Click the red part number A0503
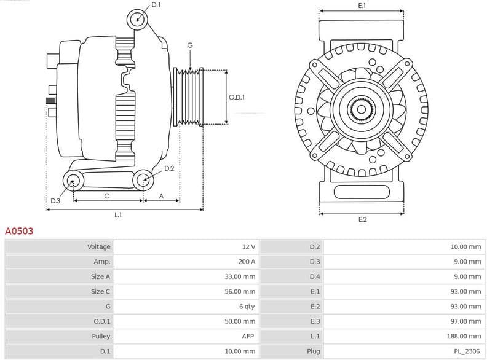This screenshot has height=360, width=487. [x=19, y=232]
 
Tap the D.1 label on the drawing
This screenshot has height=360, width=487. [x=156, y=5]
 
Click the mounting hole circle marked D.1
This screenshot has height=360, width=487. [x=138, y=19]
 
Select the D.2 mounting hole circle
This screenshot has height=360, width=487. [x=143, y=180]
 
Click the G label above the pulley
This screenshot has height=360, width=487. [x=190, y=45]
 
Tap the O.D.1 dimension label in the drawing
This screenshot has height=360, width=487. [x=237, y=97]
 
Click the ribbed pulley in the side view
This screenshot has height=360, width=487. [x=189, y=97]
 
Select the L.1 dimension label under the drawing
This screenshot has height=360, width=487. [x=118, y=214]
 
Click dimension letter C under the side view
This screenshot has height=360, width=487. [x=107, y=196]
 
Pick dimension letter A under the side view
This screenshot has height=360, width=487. [x=161, y=196]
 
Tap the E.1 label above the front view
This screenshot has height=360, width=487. [x=362, y=6]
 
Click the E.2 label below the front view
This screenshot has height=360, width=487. [x=362, y=219]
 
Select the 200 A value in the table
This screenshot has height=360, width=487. [x=247, y=262]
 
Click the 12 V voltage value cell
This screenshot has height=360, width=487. [x=248, y=247]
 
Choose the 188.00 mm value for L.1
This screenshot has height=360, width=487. [x=464, y=336]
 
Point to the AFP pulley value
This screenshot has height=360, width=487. [x=248, y=336]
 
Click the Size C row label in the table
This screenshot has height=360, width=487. [x=100, y=291]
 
